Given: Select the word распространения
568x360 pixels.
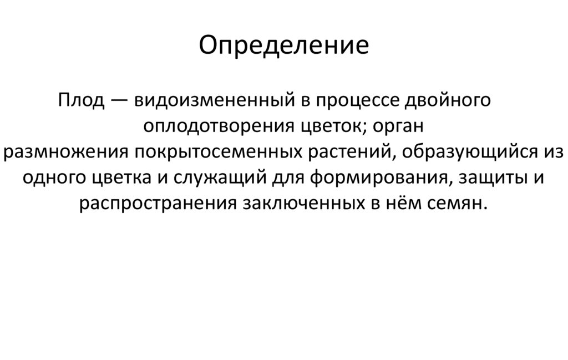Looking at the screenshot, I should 159,203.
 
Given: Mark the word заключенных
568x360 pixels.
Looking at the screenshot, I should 301,203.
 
